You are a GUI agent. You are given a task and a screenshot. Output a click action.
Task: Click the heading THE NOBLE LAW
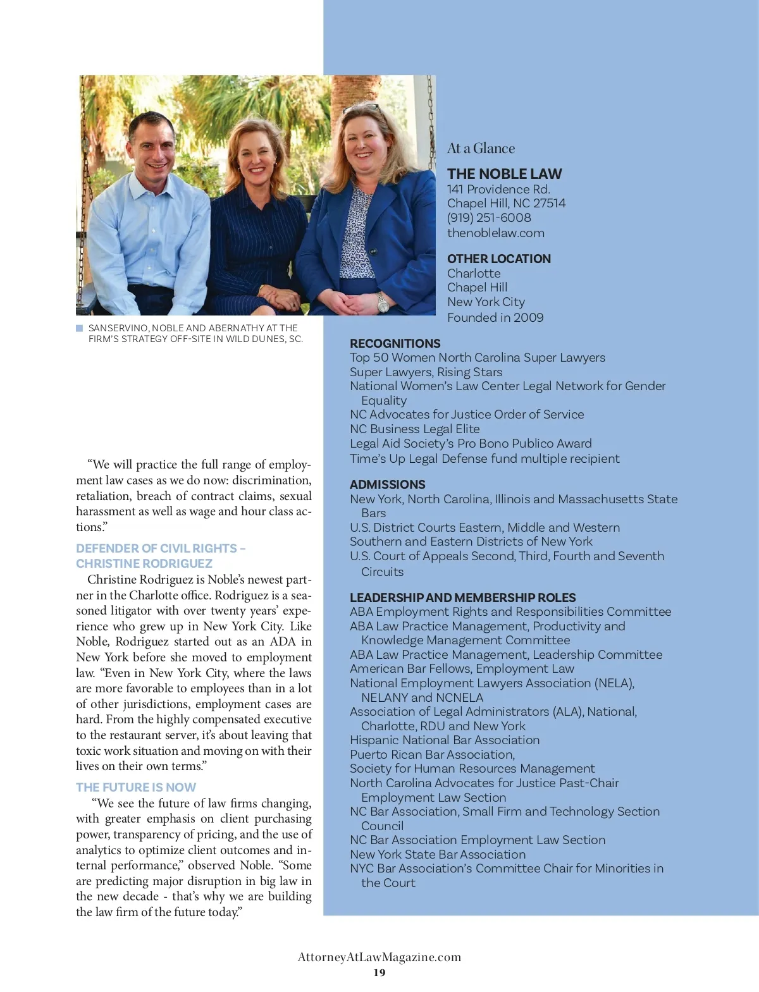coord(504,174)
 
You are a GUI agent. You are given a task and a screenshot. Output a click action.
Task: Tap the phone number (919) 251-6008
coord(489,217)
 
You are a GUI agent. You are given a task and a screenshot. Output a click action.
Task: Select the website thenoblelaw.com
coord(495,233)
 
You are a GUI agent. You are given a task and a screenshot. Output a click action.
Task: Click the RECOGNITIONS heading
coord(395,343)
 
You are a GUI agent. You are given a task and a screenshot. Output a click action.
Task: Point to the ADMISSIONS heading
coord(387,484)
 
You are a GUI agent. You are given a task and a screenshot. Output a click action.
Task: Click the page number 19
coord(379,972)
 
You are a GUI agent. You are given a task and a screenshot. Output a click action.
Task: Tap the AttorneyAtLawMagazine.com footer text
coord(379,957)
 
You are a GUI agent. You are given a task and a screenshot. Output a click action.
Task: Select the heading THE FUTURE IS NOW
coord(136,787)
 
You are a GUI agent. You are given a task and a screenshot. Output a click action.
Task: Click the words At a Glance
coord(481,149)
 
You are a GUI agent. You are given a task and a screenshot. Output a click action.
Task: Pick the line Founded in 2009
coord(495,317)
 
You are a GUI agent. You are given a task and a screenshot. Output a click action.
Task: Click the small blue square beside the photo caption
coord(80,328)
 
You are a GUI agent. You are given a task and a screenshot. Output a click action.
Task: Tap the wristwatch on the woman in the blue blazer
coord(382,302)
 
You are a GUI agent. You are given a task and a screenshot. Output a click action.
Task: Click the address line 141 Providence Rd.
coord(498,189)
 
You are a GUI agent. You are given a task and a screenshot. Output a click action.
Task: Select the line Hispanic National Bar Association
coord(445,740)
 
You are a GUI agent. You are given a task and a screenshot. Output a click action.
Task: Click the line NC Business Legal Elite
coord(414,429)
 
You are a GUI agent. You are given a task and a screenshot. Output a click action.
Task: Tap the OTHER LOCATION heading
coord(498,259)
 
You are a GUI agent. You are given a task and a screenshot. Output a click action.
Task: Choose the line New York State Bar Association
coord(438,854)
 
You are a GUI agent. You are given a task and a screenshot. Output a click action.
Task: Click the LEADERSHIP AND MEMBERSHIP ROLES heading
coord(462,597)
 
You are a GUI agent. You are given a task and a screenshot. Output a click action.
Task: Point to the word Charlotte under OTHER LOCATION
coord(474,273)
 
